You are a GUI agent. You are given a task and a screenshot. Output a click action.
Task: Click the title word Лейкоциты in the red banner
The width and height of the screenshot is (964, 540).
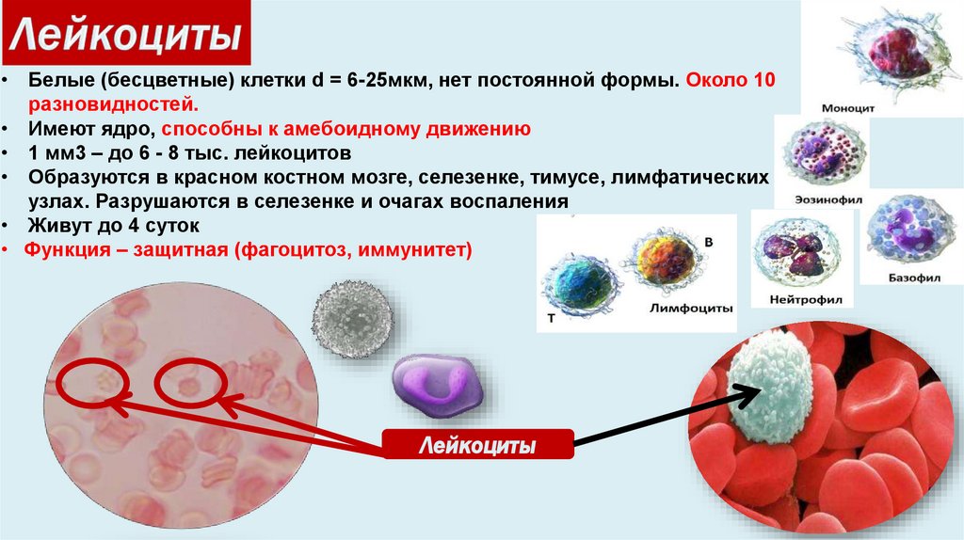click(x=126, y=35)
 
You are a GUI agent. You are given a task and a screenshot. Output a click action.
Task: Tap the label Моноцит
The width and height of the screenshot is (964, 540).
click(x=848, y=108)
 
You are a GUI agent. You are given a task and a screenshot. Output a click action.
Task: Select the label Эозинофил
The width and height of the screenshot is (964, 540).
click(x=828, y=199)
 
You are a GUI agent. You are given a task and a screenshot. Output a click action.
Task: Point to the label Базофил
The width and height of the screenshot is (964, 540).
click(x=914, y=278)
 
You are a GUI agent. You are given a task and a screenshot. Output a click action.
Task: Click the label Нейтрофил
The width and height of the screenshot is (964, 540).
click(x=806, y=300)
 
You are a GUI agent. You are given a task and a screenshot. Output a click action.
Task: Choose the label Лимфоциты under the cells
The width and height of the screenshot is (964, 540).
click(x=691, y=308)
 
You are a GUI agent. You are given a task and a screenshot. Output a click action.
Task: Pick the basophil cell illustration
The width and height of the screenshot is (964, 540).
click(x=911, y=230)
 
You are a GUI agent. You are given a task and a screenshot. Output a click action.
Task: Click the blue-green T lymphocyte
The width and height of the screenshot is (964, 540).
click(x=580, y=285)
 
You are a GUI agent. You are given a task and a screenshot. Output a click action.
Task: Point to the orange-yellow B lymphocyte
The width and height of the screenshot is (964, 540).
click(x=664, y=258)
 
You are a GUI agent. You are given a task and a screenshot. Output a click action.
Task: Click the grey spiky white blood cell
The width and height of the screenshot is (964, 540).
click(x=353, y=320)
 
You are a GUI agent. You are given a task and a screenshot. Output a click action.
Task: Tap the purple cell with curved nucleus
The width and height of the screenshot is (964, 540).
click(x=438, y=386)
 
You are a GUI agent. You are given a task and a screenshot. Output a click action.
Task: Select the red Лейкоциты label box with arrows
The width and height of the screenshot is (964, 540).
click(x=477, y=444)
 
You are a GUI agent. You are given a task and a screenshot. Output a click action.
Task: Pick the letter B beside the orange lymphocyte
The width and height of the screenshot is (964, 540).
click(x=708, y=242)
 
